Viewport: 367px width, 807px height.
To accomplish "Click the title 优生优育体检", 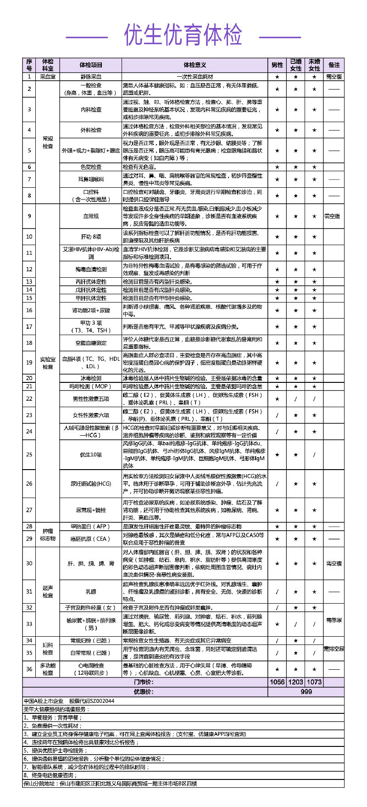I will pos(183,35).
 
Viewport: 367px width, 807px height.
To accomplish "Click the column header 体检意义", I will pos(195,65).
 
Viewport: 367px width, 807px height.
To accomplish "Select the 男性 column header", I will pos(277,65).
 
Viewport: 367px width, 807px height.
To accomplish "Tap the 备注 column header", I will pos(334,65).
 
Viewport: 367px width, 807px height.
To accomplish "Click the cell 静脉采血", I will pos(90,77).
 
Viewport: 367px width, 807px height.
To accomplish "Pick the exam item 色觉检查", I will pos(90,167).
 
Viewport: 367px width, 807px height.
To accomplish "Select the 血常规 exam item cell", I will pos(90,216).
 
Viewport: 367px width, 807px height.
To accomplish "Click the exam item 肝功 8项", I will pos(90,237).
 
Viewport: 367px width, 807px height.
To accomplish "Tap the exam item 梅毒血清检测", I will pos(90,269).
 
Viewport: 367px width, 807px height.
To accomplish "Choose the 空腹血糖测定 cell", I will pos(90,343).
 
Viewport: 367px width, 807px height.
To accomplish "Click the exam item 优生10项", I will pos(90,454).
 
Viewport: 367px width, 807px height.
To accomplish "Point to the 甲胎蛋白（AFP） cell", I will pos(90,527).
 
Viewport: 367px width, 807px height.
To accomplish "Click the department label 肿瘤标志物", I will pos(48,534).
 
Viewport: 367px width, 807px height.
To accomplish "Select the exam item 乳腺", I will pos(90,592).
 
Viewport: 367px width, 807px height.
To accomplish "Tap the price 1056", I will pos(277,682).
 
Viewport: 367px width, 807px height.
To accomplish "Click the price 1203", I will pos(296,682).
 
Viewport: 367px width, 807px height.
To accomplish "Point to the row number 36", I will pos(29,669).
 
